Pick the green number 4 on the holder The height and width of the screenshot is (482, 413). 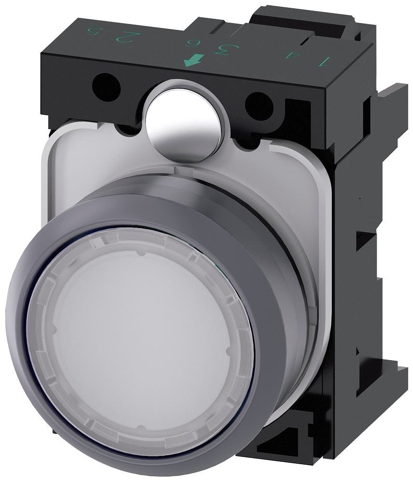coord(290,56)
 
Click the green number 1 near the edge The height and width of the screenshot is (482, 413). coord(323,61)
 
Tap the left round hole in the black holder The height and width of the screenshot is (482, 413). coord(106,87)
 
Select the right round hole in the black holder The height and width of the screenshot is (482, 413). coord(259,106)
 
